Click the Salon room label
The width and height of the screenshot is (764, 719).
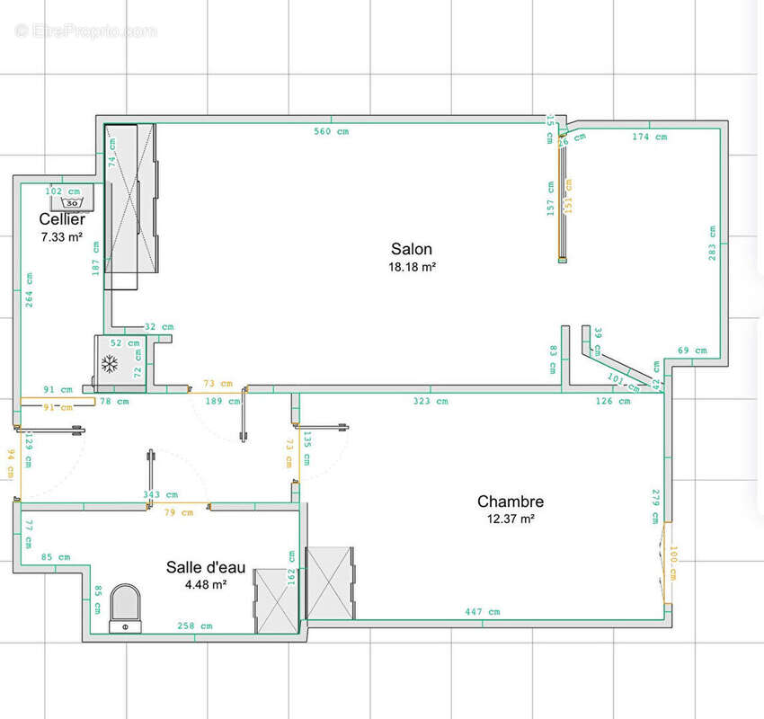pos(411,249)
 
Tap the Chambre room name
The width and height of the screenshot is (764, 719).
pos(510,502)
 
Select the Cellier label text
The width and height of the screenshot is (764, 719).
pos(62,219)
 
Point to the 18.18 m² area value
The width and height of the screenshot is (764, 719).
pos(411,267)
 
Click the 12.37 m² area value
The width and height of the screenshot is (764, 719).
pos(510,519)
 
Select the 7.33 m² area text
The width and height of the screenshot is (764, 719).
pos(62,237)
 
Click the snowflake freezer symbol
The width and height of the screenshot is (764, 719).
pos(110,364)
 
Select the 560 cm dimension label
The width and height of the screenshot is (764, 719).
pos(331,131)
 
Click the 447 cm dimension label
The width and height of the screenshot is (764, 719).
pos(483,611)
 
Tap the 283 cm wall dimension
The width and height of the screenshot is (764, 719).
pos(711,243)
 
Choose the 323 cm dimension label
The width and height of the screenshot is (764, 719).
pos(430,401)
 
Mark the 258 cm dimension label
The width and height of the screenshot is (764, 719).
pos(194,626)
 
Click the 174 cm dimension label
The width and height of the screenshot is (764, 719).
pos(649,137)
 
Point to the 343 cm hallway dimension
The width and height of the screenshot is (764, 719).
pos(160,494)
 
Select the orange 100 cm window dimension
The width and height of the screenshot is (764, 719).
pos(671,563)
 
